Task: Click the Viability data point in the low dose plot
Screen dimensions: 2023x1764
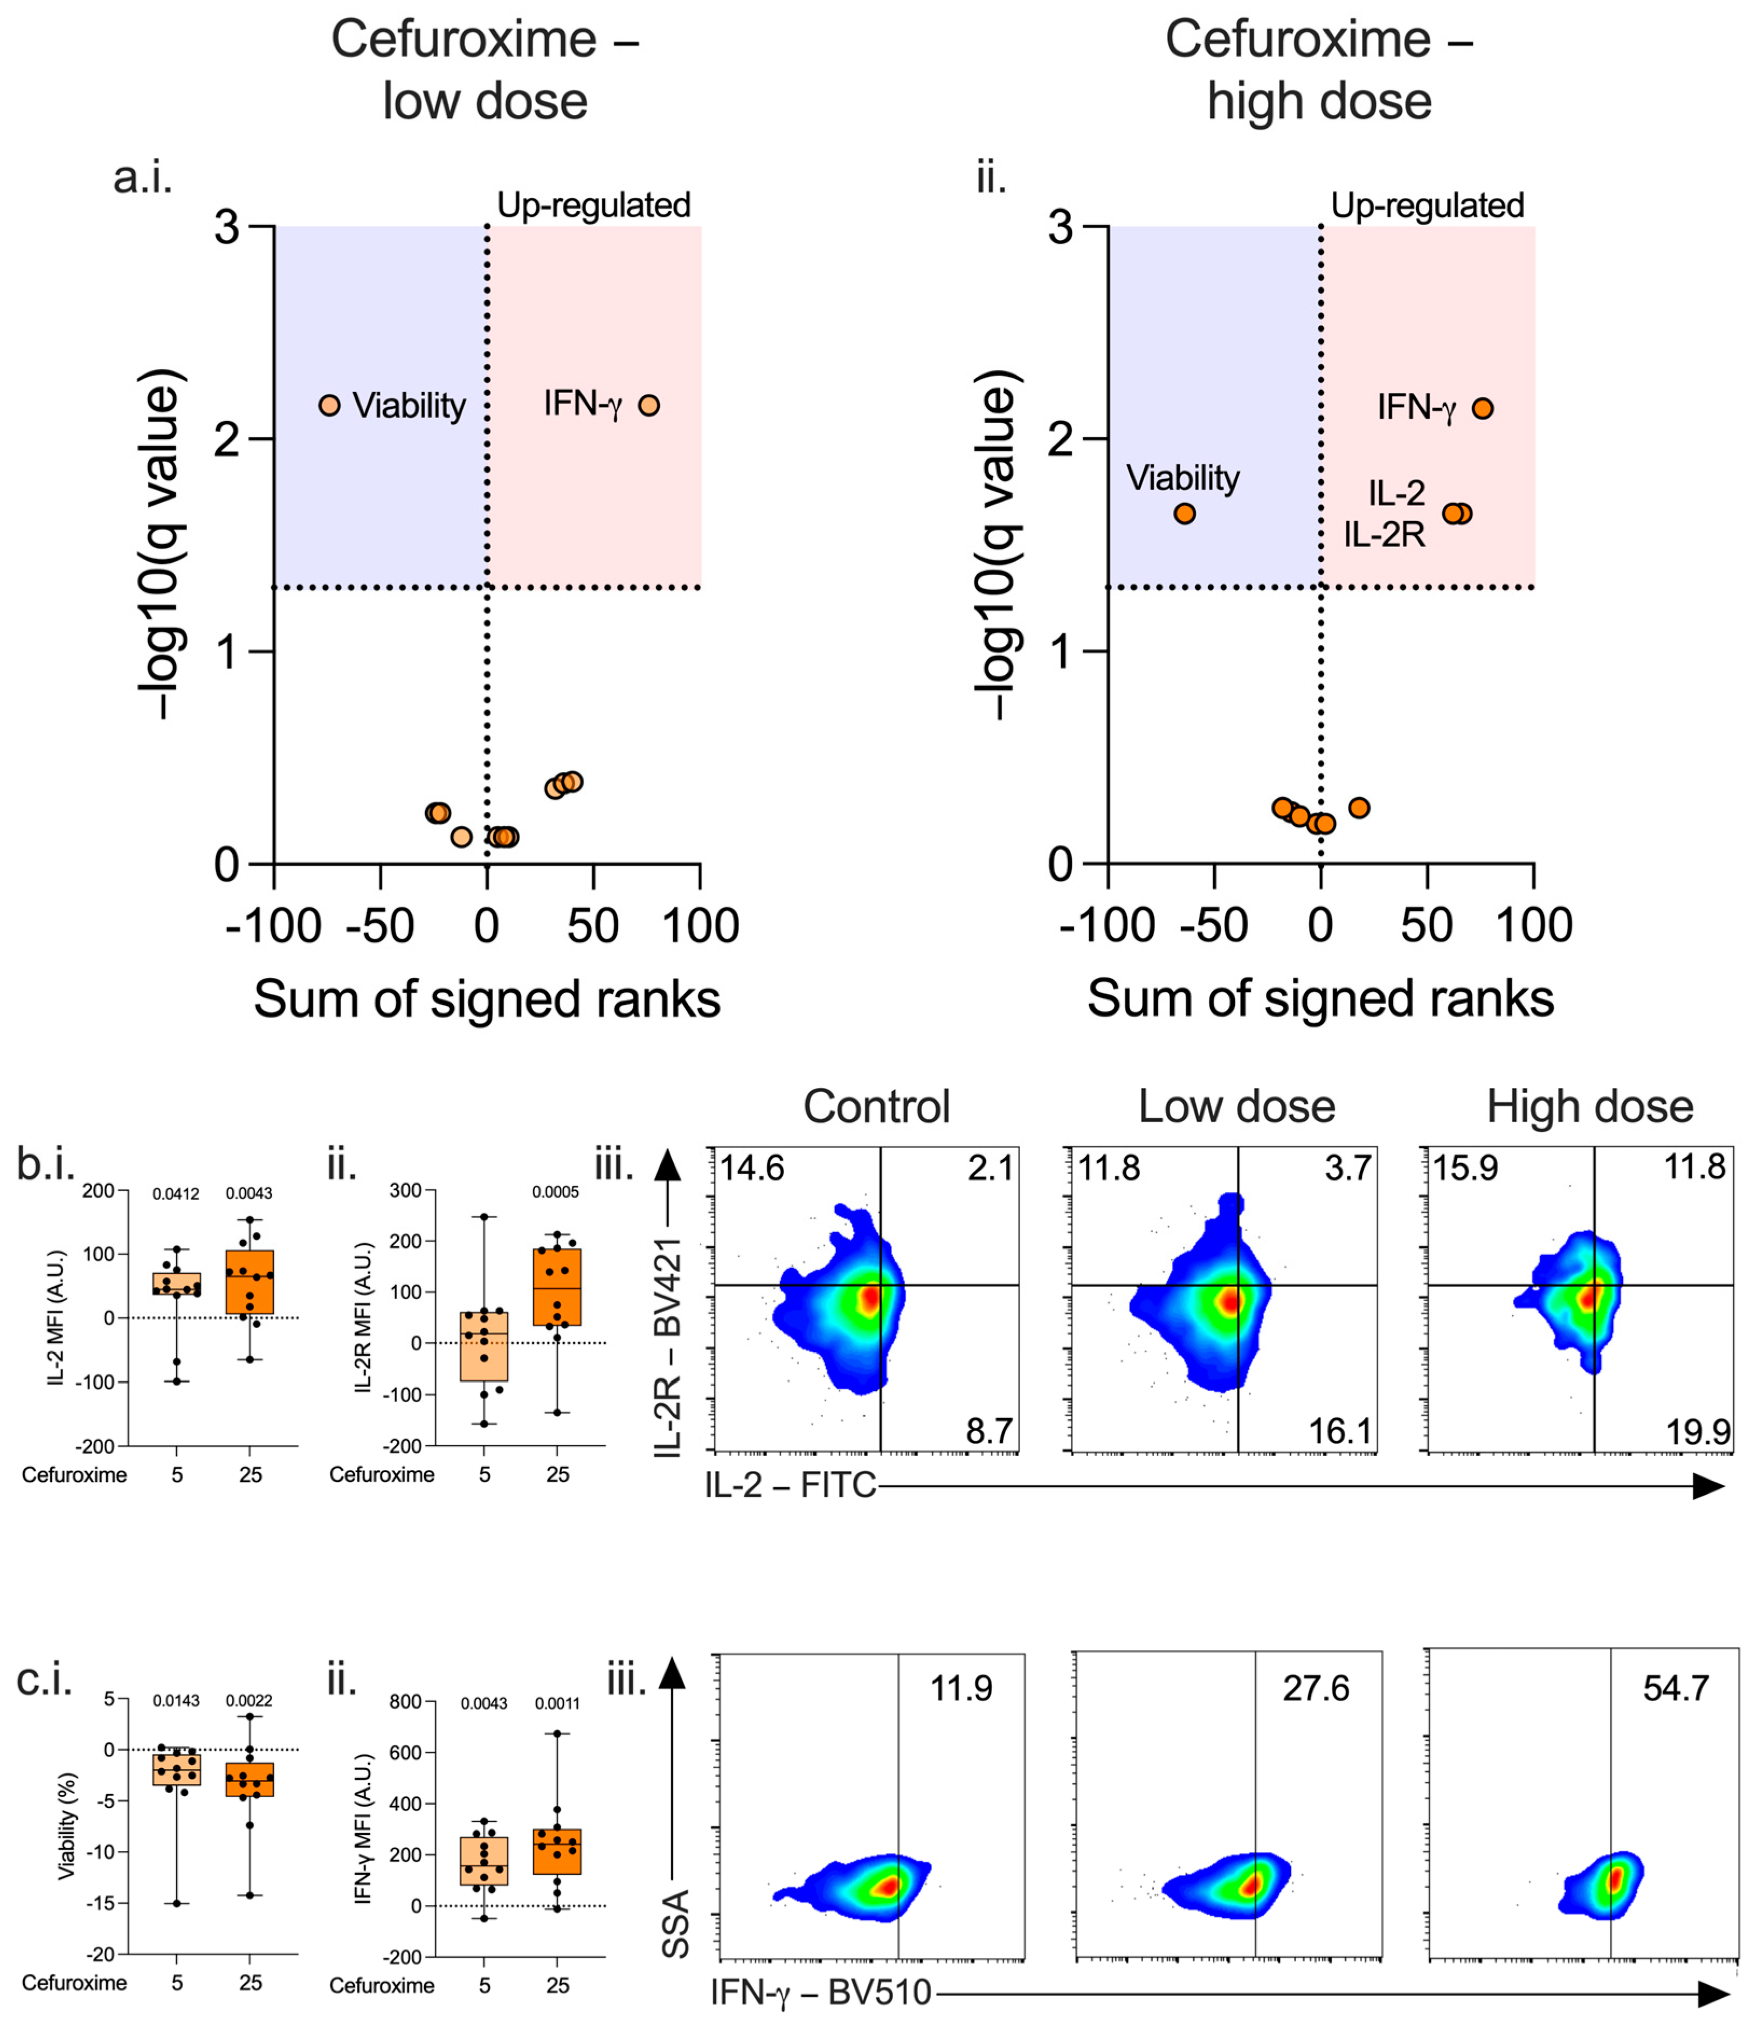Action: pyautogui.click(x=330, y=405)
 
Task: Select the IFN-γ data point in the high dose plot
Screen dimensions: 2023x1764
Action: pyautogui.click(x=1483, y=408)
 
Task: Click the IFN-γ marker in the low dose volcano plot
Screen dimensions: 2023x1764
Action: pyautogui.click(x=649, y=405)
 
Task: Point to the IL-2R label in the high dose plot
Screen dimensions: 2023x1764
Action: pyautogui.click(x=1384, y=535)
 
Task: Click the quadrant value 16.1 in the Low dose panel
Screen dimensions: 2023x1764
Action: pyautogui.click(x=1340, y=1431)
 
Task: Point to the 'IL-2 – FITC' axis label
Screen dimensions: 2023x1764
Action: pyautogui.click(x=791, y=1485)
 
